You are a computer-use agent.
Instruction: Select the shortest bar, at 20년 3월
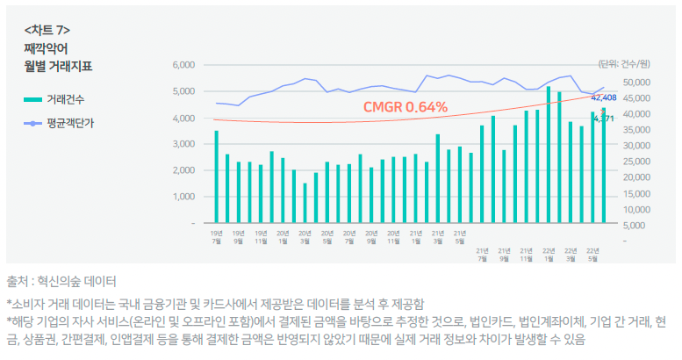(305, 203)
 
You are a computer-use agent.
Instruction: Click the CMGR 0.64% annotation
(405, 107)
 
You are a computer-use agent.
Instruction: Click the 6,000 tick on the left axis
(182, 65)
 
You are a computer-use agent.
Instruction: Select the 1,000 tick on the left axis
(182, 197)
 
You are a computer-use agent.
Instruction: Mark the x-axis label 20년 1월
(283, 238)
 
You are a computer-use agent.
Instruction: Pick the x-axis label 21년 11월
(525, 255)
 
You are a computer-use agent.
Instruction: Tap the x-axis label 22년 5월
(592, 255)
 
